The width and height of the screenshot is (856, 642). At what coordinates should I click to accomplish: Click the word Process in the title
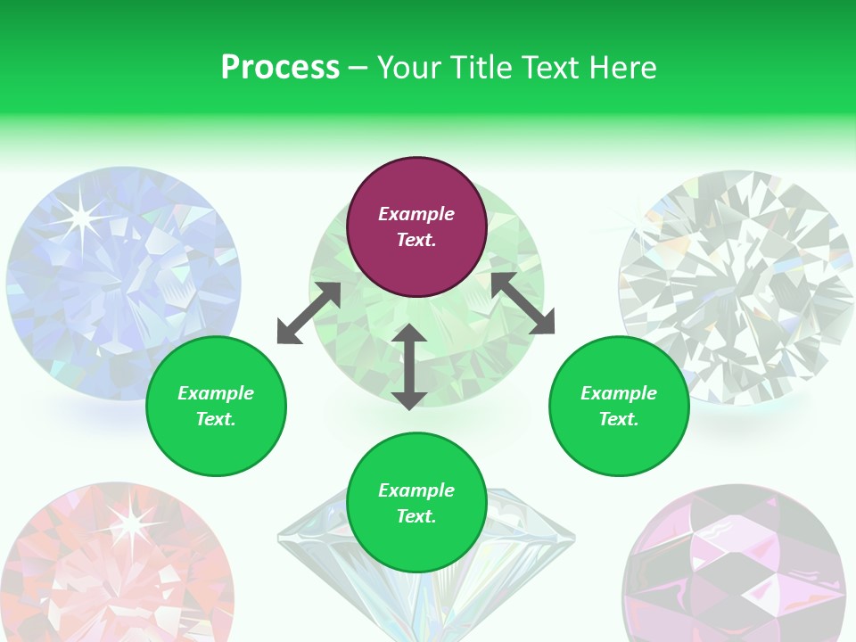click(280, 68)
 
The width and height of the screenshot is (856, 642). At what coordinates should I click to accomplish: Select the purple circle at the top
click(416, 227)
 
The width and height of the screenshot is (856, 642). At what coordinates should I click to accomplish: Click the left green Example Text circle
click(216, 406)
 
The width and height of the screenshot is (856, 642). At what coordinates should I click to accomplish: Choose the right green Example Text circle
click(619, 406)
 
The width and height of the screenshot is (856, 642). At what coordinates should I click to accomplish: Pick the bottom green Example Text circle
click(416, 503)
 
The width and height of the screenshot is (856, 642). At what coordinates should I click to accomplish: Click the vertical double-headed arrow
click(409, 366)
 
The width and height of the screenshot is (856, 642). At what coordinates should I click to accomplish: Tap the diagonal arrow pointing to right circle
click(523, 303)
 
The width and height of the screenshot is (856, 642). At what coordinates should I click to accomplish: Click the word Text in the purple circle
click(416, 240)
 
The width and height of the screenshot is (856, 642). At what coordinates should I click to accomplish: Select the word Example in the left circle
click(216, 393)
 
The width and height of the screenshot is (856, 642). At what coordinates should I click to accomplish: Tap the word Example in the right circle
click(619, 393)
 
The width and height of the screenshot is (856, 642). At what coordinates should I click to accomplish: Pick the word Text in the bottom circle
click(416, 516)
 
